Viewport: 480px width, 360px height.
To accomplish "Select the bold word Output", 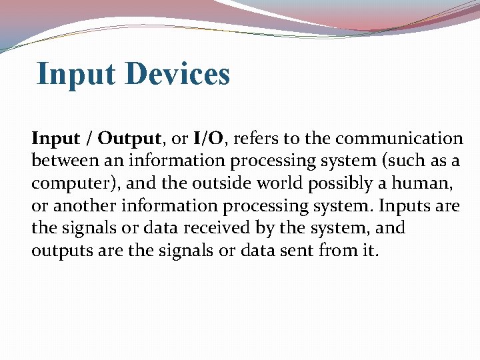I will [129, 139].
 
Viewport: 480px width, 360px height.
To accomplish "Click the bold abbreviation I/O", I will [208, 139].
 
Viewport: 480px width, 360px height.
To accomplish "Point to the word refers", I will [260, 139].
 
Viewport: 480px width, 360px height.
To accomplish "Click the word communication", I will [399, 139].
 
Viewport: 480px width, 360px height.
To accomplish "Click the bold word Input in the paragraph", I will [55, 139].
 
